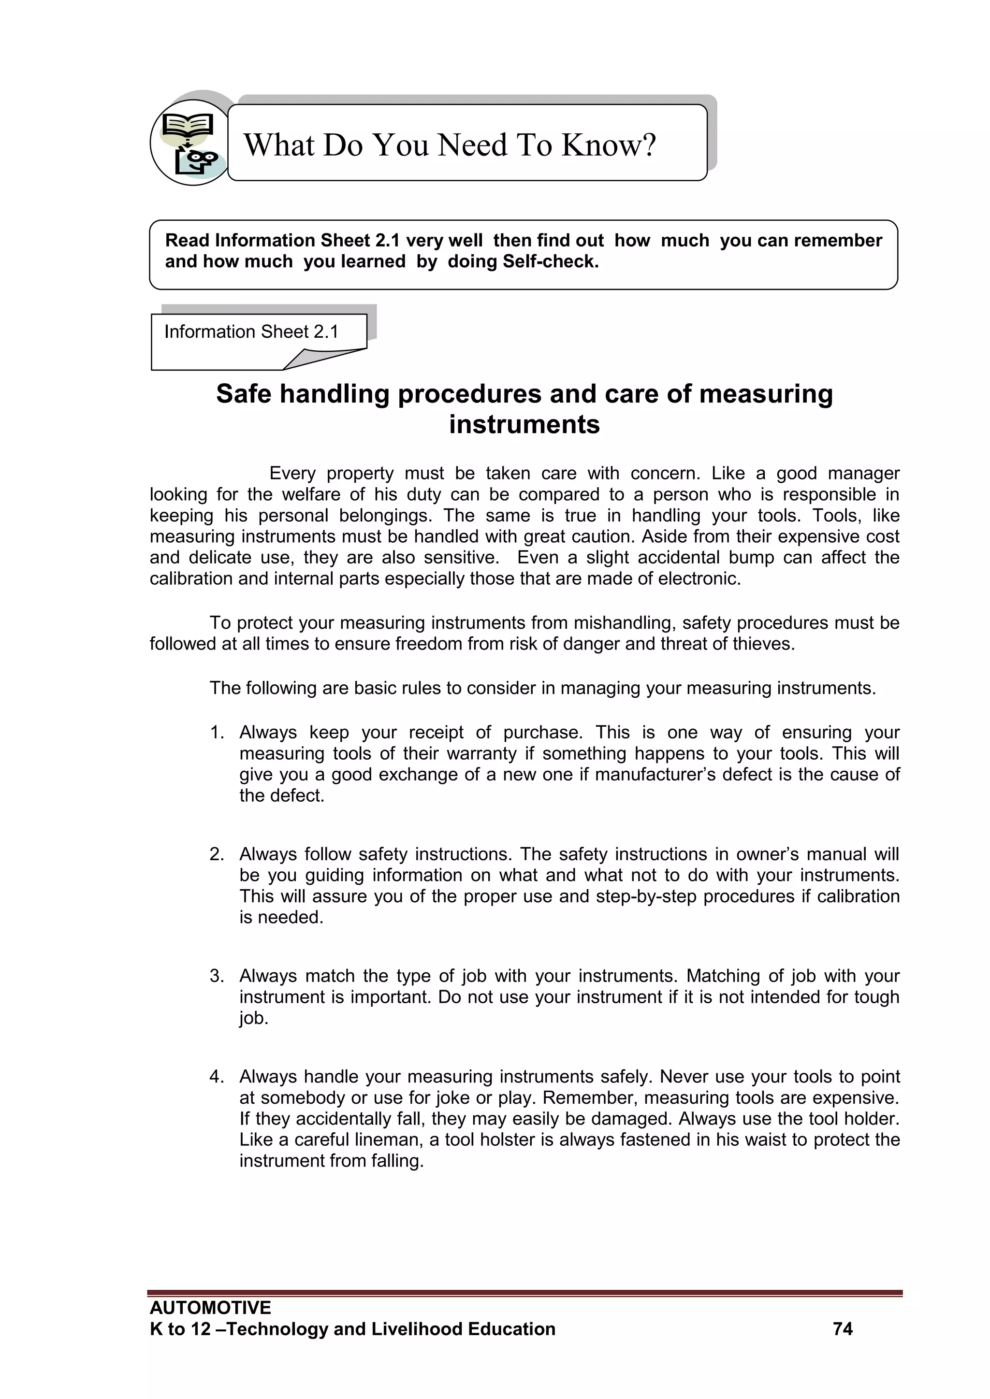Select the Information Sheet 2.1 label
coord(251,332)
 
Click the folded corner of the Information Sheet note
coord(323,359)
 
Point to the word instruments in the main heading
coord(524,425)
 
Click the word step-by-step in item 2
coord(645,896)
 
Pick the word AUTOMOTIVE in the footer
coord(210,1308)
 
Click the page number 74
coord(843,1329)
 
